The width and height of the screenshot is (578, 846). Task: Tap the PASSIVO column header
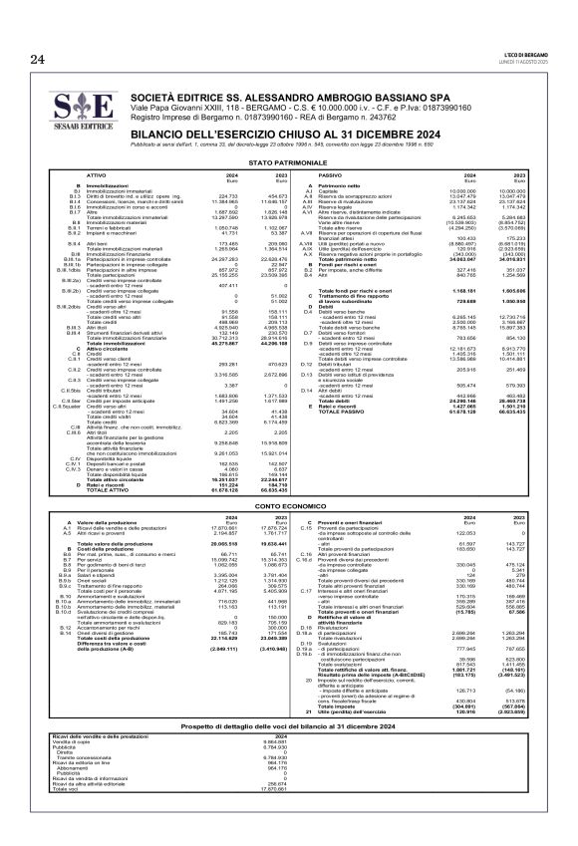tap(332, 173)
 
